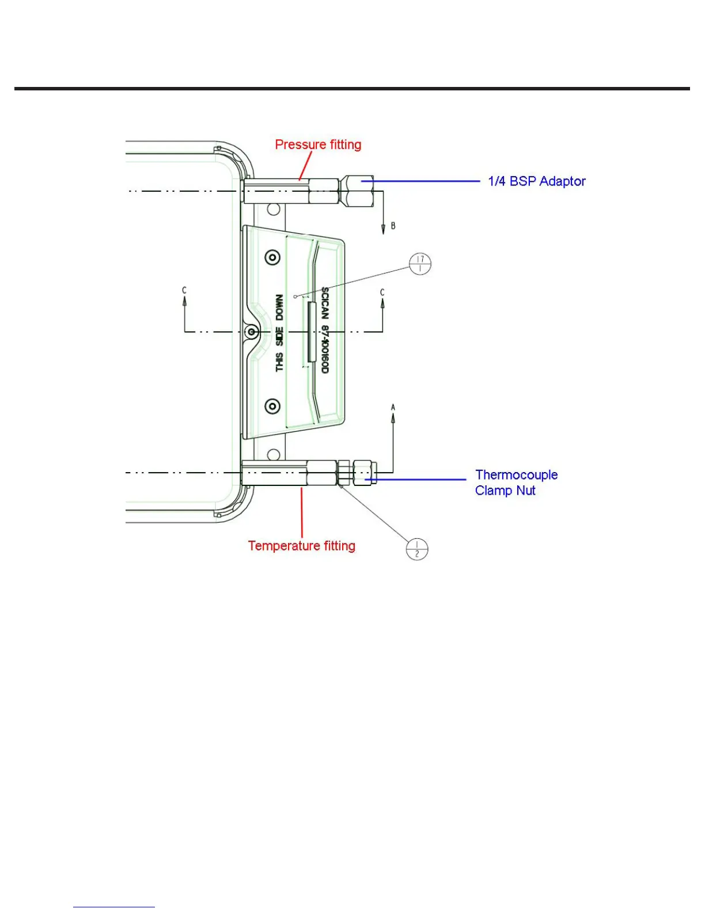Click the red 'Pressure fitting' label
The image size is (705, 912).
pos(318,145)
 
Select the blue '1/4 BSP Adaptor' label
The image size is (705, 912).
pos(536,181)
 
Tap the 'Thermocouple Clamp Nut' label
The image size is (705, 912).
pos(516,482)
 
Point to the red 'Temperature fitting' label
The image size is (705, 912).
pos(301,546)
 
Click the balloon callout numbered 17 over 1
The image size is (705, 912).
pos(420,264)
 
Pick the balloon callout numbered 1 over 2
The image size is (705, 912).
pos(416,549)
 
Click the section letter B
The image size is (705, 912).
pos(393,226)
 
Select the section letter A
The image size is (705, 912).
pos(393,408)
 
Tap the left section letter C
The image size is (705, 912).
pos(184,290)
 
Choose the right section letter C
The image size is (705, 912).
pos(382,292)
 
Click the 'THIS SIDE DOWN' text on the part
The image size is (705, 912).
pos(279,333)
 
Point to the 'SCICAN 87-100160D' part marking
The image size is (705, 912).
pos(325,330)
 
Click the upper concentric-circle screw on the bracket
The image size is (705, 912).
pos(272,257)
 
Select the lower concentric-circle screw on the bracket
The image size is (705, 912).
pos(272,406)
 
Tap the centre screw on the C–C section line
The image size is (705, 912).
pos(251,332)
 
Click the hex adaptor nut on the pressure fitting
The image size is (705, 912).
pos(358,191)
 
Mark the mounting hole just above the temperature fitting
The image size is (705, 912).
pos(274,455)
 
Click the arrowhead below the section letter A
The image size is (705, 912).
pos(393,419)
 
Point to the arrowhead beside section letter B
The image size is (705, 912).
pos(384,230)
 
